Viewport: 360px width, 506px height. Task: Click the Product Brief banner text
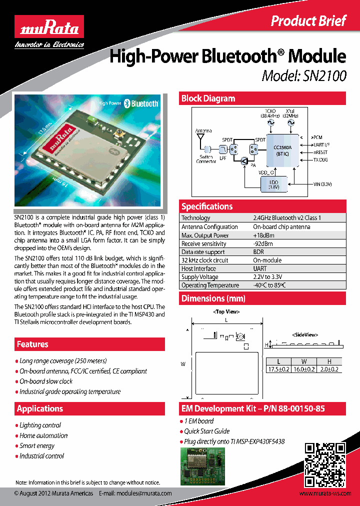point(308,20)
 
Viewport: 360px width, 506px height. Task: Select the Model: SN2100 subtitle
point(304,75)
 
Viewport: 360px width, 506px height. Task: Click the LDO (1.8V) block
point(274,183)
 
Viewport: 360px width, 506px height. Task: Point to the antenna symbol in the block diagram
point(200,137)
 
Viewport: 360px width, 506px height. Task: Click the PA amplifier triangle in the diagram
point(244,160)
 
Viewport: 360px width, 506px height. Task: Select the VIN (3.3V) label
point(322,184)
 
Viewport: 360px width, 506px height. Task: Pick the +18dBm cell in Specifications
point(263,235)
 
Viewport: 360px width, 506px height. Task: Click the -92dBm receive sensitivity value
point(263,243)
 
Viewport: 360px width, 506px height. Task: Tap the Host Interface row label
point(198,268)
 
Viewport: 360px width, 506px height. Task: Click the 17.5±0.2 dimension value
point(278,369)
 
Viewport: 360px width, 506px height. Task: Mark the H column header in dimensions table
point(329,361)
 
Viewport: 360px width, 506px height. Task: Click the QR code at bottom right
point(325,465)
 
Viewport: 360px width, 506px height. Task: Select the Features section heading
point(32,344)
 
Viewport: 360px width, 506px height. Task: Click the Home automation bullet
point(43,435)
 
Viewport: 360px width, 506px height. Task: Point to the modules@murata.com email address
point(144,493)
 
